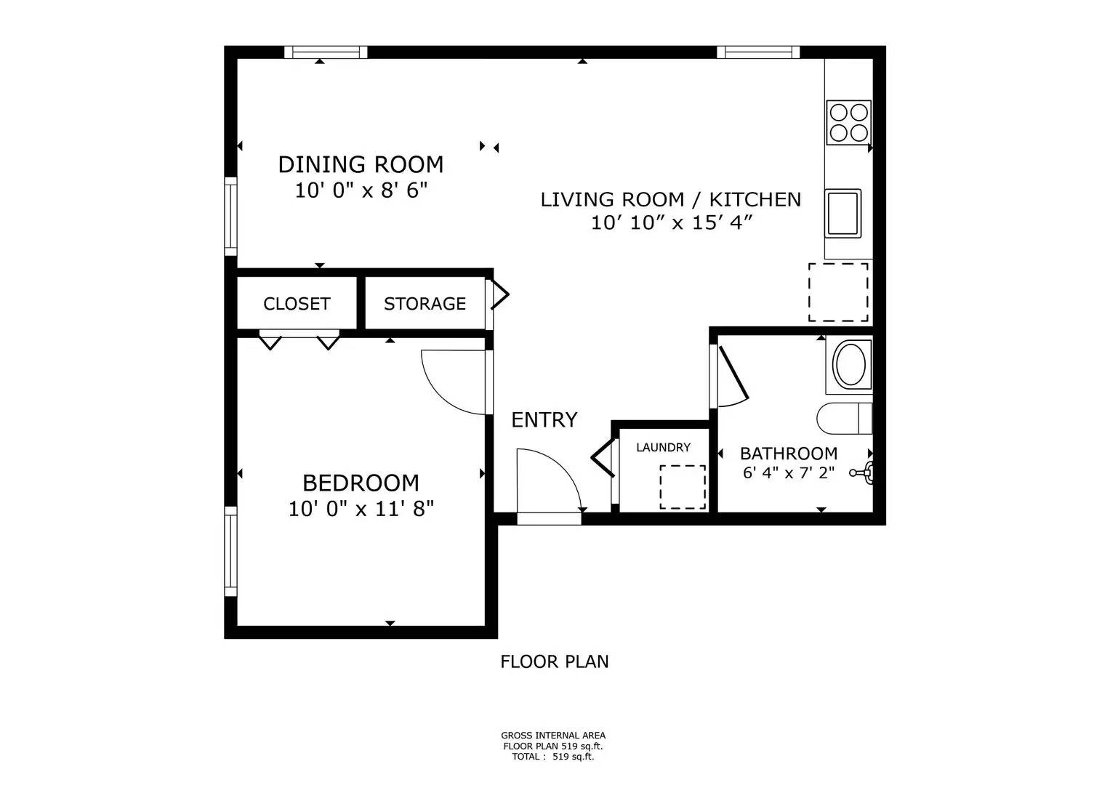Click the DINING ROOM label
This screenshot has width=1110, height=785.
[361, 164]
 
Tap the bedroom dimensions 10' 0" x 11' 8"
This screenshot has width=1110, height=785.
[361, 509]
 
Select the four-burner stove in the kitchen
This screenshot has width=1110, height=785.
[848, 122]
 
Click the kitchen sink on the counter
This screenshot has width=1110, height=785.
[842, 212]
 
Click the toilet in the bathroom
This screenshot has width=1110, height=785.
[843, 418]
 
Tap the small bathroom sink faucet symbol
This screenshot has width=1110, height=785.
[863, 472]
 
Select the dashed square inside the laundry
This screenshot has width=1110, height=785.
[682, 487]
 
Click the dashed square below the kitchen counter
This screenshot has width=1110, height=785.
[838, 292]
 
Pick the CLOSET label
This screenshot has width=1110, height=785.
[297, 304]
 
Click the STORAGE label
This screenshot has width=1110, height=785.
[425, 304]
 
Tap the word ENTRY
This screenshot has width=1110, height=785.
[544, 420]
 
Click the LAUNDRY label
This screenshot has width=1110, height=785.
[663, 448]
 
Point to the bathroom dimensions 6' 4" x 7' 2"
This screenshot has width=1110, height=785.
[788, 472]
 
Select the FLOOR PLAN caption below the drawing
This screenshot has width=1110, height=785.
[554, 661]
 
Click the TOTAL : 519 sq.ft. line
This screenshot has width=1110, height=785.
[552, 756]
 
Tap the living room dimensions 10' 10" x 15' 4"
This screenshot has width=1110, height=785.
[670, 222]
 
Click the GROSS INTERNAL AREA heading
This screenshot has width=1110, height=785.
[552, 736]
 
